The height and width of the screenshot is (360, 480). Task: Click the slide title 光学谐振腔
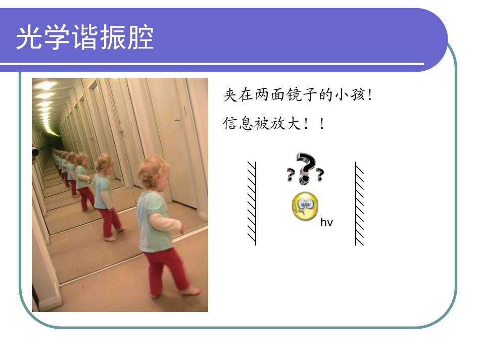85,38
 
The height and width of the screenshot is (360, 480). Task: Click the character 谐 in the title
85,38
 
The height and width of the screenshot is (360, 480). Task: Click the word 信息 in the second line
237,124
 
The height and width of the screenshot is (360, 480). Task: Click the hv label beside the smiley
326,223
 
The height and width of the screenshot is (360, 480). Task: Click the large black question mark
306,167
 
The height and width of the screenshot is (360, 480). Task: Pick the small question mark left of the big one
291,175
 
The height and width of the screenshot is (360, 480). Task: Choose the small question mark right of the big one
319,175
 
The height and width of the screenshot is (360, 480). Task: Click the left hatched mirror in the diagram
252,203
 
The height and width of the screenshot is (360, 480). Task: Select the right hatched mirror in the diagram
359,203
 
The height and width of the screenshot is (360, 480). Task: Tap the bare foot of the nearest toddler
191,291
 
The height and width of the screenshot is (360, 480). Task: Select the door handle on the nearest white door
177,119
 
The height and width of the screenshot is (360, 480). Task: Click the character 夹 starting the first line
229,95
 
